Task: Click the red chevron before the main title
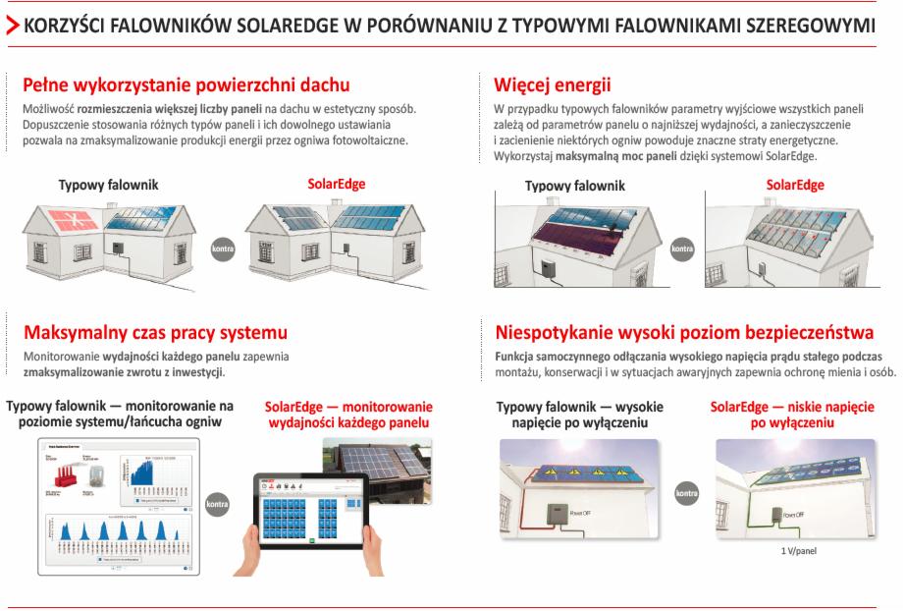click(11, 27)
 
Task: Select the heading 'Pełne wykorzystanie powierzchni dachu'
click(186, 85)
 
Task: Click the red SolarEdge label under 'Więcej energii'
click(795, 185)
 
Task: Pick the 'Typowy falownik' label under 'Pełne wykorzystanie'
click(108, 185)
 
